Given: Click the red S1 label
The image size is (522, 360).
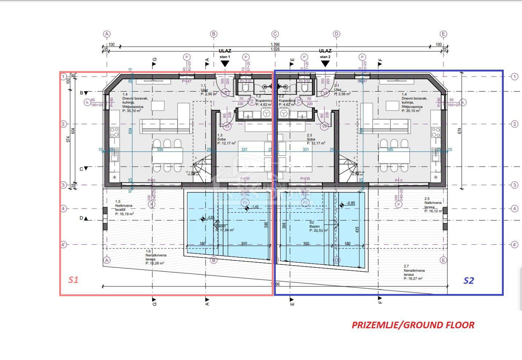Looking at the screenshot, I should (73, 280).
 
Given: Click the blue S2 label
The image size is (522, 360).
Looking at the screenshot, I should (468, 280).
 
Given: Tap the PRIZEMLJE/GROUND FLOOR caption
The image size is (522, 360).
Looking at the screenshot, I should (413, 325).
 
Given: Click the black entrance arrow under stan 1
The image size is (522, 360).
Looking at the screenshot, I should (225, 64).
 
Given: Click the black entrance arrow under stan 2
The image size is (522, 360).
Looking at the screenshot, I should (325, 64).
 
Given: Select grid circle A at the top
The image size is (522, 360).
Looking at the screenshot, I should (107, 34).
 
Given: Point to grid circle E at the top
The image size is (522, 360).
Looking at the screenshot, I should (443, 34).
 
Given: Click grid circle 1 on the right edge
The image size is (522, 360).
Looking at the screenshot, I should (515, 77).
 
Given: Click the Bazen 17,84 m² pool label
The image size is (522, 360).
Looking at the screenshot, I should (225, 228).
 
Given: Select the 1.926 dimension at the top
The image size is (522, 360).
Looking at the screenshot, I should (275, 49).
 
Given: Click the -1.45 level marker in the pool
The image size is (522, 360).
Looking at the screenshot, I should (255, 207).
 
